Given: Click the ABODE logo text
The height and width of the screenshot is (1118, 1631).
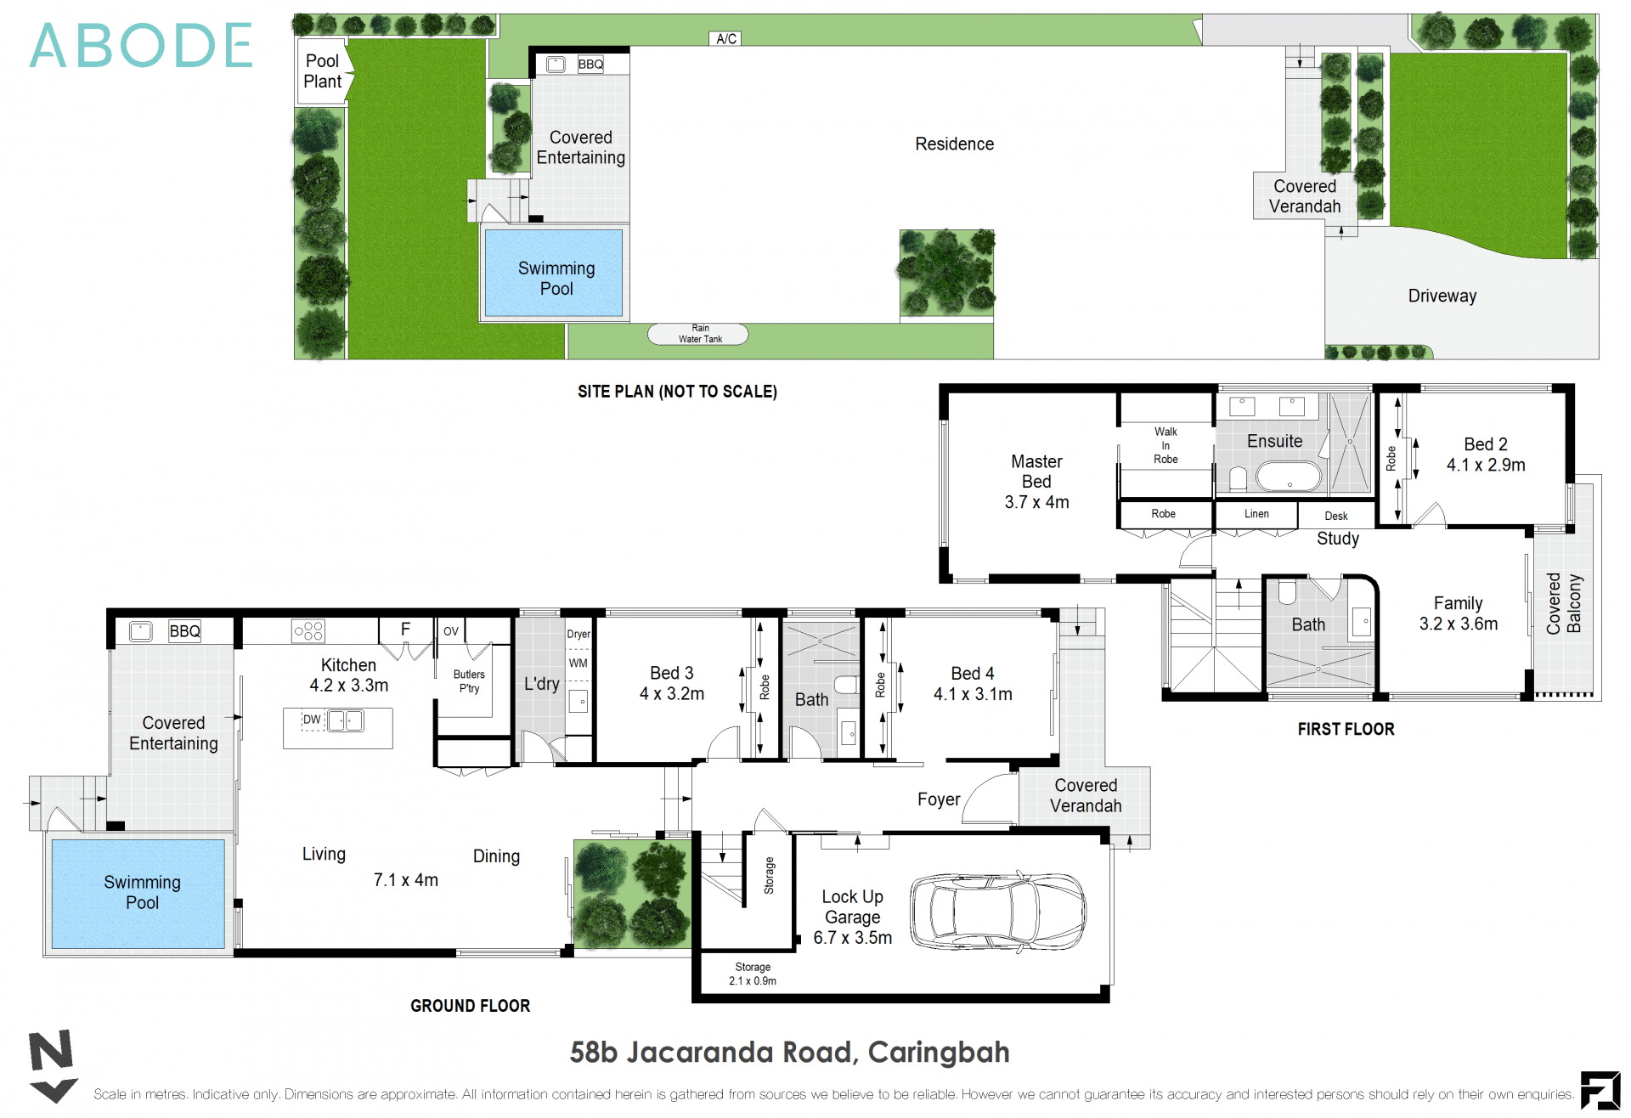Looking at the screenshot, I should click(x=141, y=46).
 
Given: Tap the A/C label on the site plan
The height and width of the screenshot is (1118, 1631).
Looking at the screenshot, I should click(x=725, y=38).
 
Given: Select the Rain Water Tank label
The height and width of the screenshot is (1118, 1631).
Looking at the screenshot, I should click(x=699, y=334).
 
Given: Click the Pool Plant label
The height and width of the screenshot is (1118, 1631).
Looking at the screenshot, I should click(x=322, y=71).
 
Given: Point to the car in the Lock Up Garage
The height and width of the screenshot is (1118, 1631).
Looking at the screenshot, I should click(x=997, y=912).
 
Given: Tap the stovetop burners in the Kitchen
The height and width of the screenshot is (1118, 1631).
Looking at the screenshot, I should click(x=308, y=631).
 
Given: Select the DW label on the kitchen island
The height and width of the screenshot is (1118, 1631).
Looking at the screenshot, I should click(x=312, y=720).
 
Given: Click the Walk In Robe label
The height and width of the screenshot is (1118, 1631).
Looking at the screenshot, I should click(x=1165, y=445).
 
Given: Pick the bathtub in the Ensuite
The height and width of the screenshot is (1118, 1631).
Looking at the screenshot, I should click(x=1288, y=477).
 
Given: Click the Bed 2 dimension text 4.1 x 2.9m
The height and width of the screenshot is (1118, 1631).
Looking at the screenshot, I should click(x=1486, y=466).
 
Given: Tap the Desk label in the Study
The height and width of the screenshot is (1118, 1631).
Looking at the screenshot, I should click(x=1335, y=516).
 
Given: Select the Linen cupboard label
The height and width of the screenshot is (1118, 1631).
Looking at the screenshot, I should click(x=1256, y=514).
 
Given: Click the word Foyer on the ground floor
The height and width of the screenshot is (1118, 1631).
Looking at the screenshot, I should click(x=938, y=799).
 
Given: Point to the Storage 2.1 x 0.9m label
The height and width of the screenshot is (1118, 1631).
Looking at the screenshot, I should click(x=753, y=974).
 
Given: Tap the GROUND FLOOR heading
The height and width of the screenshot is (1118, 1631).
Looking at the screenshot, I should click(x=470, y=1006).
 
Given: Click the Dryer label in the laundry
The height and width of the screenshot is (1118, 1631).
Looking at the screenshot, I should click(x=578, y=634).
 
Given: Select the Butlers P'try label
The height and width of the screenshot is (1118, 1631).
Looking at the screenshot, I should click(x=469, y=681).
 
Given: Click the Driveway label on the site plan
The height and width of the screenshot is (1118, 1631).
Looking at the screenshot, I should click(x=1442, y=296).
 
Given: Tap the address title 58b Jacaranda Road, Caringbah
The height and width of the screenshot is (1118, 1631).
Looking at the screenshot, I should click(x=789, y=1053).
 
